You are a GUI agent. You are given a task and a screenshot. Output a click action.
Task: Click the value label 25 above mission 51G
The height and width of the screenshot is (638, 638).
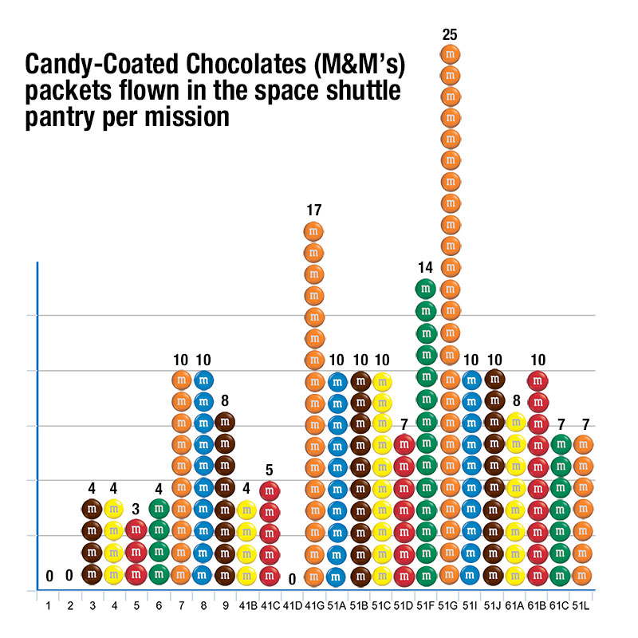[450, 35]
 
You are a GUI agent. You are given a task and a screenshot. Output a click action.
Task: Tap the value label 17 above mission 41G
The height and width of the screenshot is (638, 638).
[314, 211]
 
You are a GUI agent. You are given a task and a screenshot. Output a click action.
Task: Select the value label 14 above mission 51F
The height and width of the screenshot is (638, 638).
[426, 267]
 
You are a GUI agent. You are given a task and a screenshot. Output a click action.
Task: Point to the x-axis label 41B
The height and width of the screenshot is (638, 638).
[247, 606]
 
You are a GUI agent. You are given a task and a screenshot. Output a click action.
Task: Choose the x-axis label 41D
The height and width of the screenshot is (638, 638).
[292, 606]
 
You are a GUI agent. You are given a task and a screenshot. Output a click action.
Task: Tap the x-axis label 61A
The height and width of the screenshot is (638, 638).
[516, 606]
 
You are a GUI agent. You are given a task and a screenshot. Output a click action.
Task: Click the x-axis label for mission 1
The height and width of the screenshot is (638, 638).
[48, 606]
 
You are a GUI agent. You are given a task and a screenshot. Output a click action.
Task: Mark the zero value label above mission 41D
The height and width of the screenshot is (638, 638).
[293, 578]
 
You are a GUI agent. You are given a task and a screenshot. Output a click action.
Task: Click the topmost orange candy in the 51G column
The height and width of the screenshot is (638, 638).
[450, 55]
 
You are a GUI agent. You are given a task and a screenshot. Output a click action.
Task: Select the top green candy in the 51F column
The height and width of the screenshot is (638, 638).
[426, 288]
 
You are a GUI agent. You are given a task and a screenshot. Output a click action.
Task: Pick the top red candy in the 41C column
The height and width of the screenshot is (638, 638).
[270, 490]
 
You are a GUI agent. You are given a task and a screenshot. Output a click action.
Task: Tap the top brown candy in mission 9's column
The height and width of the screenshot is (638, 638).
[226, 421]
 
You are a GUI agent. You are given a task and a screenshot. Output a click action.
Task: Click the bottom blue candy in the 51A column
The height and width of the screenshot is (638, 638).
[337, 574]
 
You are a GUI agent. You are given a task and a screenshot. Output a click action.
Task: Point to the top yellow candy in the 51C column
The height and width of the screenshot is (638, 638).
[382, 382]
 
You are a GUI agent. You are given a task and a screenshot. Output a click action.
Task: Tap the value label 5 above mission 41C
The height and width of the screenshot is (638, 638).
[270, 470]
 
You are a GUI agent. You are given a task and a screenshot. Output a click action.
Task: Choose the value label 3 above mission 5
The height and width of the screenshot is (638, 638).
[136, 508]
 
